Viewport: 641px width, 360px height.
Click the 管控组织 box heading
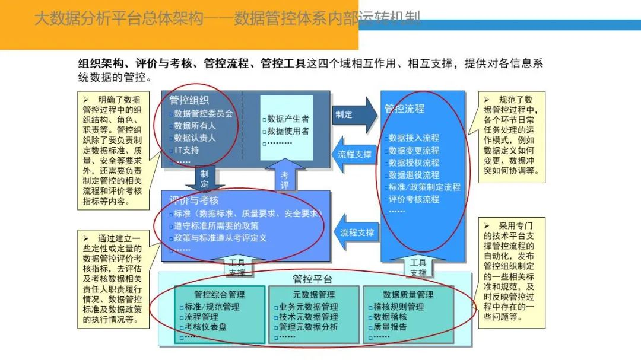tap(189, 101)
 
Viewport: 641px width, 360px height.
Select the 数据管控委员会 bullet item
tap(203, 113)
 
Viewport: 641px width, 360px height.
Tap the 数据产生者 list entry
tap(288, 119)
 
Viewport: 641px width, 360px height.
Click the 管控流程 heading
tap(405, 109)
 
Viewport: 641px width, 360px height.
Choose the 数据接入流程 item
tap(414, 138)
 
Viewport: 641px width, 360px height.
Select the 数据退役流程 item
tap(414, 175)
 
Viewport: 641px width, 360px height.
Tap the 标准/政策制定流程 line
tap(424, 187)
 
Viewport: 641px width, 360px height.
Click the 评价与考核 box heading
tap(193, 200)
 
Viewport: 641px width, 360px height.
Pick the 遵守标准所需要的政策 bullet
tap(216, 225)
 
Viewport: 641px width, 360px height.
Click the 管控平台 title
tap(313, 279)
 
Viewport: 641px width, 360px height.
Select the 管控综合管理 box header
tap(219, 294)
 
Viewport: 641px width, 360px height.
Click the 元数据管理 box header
tap(314, 294)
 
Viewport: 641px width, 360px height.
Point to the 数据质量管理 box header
tap(408, 294)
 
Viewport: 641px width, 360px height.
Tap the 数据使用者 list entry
tap(288, 131)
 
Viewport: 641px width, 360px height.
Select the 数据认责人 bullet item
tap(195, 138)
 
